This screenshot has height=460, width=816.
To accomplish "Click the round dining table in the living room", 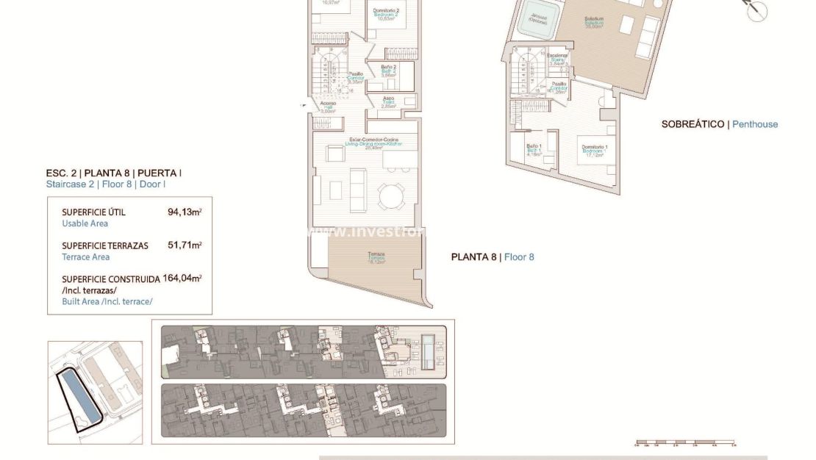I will (x=390, y=196).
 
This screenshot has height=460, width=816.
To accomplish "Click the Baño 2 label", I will (x=389, y=70).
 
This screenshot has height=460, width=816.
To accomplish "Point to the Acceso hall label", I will (x=328, y=107).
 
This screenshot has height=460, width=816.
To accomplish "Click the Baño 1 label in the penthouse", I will (x=534, y=150).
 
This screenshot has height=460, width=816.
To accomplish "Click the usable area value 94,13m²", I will (x=185, y=212).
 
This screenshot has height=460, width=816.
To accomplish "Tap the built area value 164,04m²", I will (x=182, y=278).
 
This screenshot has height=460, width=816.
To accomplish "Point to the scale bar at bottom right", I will (x=685, y=444).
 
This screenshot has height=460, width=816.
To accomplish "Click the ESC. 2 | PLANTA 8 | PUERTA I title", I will (x=113, y=173).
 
